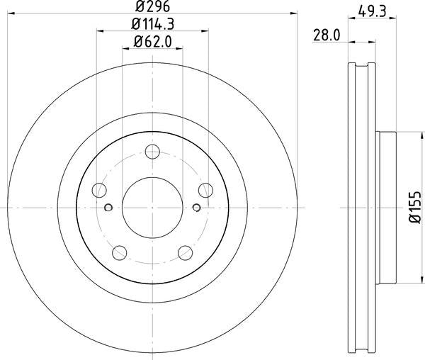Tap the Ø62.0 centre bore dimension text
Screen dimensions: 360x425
152,42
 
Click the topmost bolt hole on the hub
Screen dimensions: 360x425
152,151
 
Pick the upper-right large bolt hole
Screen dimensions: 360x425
205,189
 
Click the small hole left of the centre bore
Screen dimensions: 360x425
108,208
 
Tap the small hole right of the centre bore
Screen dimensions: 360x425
196,208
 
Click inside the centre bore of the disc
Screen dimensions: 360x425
152,207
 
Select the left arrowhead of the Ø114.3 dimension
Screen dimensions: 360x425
98,31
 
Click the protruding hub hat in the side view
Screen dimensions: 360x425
387,207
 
